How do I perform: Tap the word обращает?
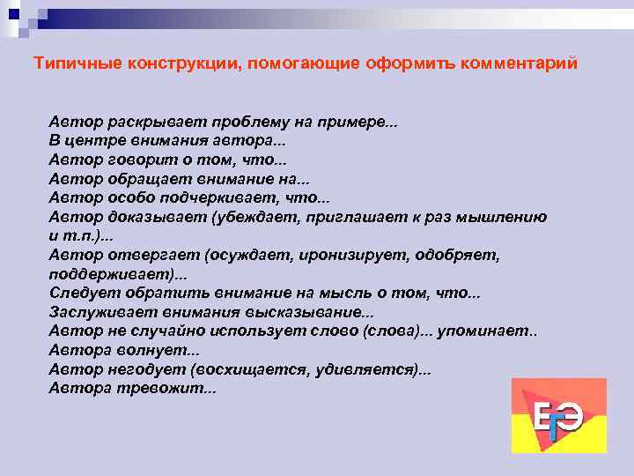[x=148, y=179]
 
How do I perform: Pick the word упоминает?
[x=488, y=332]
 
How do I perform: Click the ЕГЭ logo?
[x=558, y=415]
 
